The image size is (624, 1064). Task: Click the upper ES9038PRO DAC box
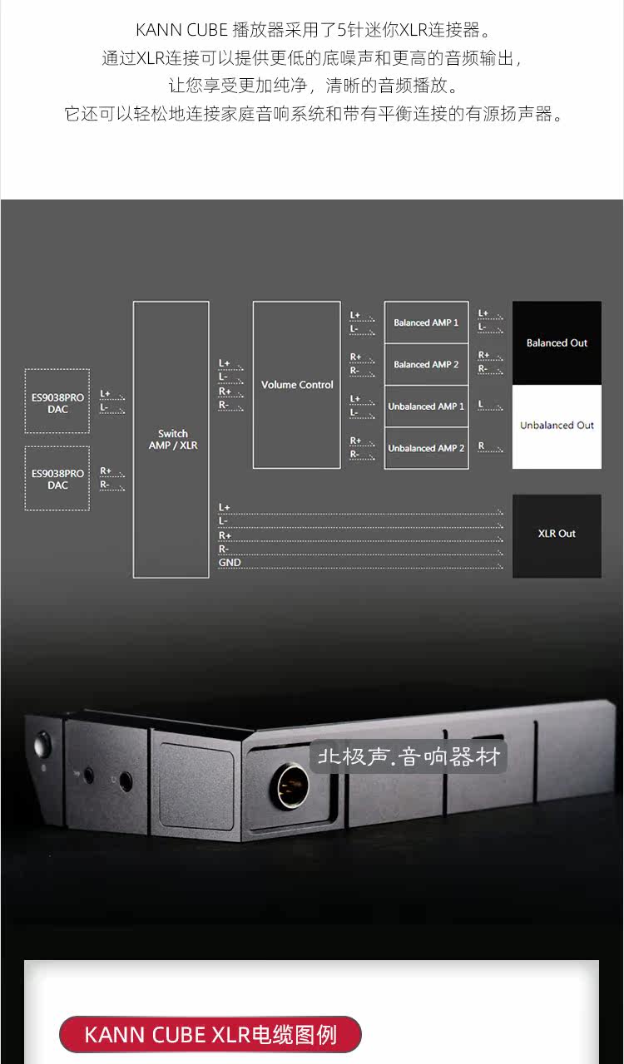[x=57, y=402]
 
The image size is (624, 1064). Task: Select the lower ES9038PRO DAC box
[x=57, y=478]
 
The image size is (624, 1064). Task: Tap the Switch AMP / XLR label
[x=171, y=439]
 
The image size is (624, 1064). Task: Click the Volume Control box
[x=296, y=385]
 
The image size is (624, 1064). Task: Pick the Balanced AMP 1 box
[x=426, y=323]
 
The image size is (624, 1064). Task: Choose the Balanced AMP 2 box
[x=426, y=364]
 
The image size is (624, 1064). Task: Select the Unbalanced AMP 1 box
[x=426, y=406]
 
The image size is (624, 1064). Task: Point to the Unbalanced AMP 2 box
[x=426, y=448]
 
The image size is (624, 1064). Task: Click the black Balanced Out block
[x=557, y=342]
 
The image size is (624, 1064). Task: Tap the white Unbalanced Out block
[x=557, y=426]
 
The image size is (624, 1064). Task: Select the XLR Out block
[x=557, y=534]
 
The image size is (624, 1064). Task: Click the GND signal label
[x=230, y=563]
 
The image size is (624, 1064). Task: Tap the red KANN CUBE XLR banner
[x=210, y=1035]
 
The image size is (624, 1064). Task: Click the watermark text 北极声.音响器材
[x=408, y=758]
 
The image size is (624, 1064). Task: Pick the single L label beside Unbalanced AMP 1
[x=481, y=404]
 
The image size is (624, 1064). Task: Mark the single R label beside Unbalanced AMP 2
[x=481, y=446]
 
